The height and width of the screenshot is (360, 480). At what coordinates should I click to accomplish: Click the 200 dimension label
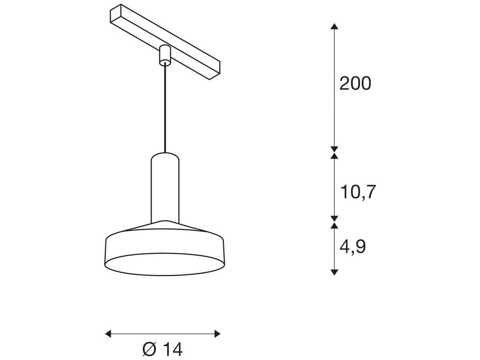pos(355,84)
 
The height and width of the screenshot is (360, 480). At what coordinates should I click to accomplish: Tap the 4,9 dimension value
pos(352,247)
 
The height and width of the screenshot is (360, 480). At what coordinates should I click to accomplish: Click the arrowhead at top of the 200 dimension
pos(334,26)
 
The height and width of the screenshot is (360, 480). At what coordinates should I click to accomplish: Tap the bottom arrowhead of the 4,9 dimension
pos(334,272)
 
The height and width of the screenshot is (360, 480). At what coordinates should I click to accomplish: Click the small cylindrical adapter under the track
pos(164,55)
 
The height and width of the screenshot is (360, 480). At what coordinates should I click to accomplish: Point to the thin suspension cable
pos(164,108)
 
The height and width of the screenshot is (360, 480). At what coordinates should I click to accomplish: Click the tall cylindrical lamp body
pos(165,188)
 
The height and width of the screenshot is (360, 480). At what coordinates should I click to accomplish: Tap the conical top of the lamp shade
pos(165,226)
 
